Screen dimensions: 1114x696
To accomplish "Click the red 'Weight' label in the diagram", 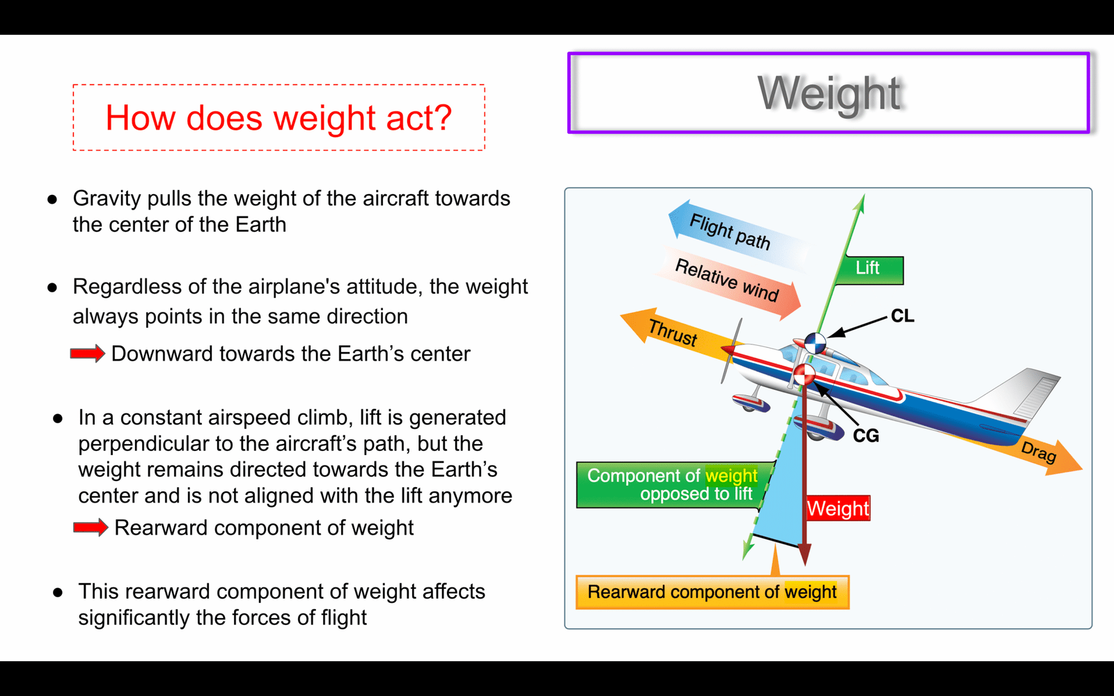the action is pyautogui.click(x=838, y=508).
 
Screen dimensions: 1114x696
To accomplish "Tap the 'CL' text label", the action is pyautogui.click(x=902, y=316).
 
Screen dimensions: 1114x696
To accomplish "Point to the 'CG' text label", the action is pyautogui.click(x=866, y=436).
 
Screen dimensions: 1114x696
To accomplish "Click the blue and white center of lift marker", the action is pyautogui.click(x=815, y=343).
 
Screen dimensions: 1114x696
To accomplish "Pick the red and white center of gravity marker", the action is pyautogui.click(x=803, y=375).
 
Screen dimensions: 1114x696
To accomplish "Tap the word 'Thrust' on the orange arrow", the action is pyautogui.click(x=673, y=332).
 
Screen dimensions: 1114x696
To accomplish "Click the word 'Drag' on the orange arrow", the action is pyautogui.click(x=1038, y=452).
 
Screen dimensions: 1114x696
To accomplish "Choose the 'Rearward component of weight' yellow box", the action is pyautogui.click(x=712, y=592).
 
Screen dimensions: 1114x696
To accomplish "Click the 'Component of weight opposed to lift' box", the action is pyautogui.click(x=672, y=484).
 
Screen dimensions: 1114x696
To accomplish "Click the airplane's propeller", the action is pyautogui.click(x=731, y=351).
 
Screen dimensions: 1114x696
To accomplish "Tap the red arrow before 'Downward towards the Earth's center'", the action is pyautogui.click(x=88, y=354).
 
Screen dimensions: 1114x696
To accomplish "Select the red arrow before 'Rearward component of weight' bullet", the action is pyautogui.click(x=91, y=528).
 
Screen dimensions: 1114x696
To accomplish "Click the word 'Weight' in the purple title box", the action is pyautogui.click(x=829, y=93).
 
